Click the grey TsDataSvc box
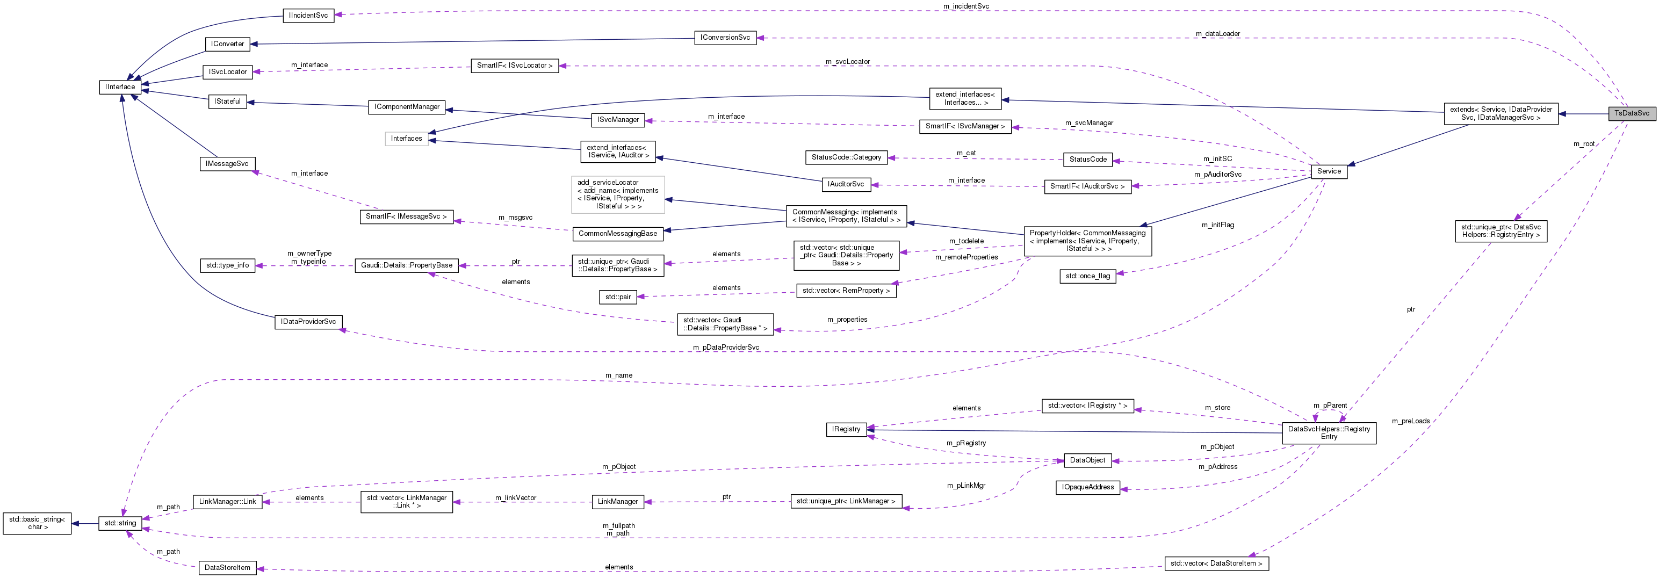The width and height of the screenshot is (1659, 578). [x=1631, y=113]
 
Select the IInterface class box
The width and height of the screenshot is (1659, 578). [x=120, y=87]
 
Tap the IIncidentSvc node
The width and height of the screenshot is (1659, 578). [x=308, y=16]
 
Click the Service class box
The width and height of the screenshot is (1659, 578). [x=1329, y=171]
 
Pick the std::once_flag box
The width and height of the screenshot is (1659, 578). [x=1088, y=276]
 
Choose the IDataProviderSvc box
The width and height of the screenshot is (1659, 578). [x=308, y=322]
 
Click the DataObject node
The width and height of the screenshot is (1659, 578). [x=1087, y=460]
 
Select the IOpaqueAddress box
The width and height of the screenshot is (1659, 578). [x=1088, y=487]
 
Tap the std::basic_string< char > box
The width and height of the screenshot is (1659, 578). [x=38, y=523]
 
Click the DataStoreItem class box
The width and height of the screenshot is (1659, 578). [x=227, y=568]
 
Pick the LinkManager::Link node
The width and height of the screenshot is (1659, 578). [x=227, y=501]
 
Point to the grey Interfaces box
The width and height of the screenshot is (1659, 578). [x=406, y=139]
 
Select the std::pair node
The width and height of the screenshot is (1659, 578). [x=618, y=298]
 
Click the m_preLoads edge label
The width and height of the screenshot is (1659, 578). [x=1410, y=421]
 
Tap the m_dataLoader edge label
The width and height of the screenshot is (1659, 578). [x=1217, y=33]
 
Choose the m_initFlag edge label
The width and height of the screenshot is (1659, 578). [x=1218, y=225]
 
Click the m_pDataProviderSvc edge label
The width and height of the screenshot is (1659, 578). [x=726, y=348]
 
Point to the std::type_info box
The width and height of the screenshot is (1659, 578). [x=227, y=265]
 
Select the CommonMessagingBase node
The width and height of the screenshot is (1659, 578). [x=618, y=234]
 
